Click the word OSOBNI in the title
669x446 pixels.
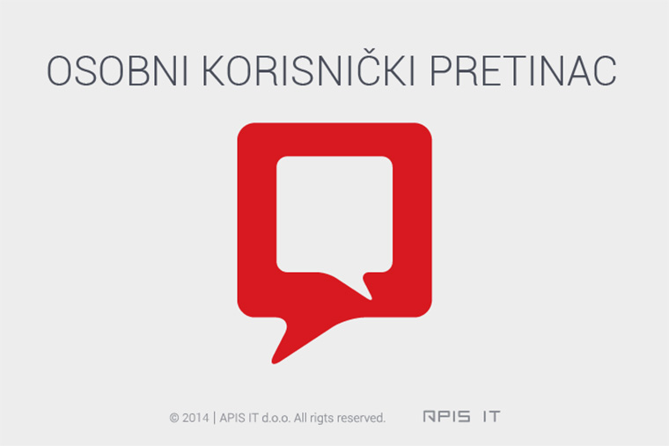pyautogui.click(x=117, y=70)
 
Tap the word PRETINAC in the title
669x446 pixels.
pyautogui.click(x=523, y=70)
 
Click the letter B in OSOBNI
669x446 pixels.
pyautogui.click(x=134, y=70)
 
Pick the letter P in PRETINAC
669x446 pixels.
pyautogui.click(x=440, y=70)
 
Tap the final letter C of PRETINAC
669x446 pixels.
pyautogui.click(x=604, y=70)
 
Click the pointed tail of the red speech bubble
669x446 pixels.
pyautogui.click(x=274, y=362)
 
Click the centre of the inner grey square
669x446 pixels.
pyautogui.click(x=334, y=214)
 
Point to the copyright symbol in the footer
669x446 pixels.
pyautogui.click(x=174, y=418)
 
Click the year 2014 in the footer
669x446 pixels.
pyautogui.click(x=195, y=418)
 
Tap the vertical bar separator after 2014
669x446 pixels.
pyautogui.click(x=214, y=418)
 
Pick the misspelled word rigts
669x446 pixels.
pyautogui.click(x=321, y=419)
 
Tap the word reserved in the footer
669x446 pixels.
pyautogui.click(x=361, y=418)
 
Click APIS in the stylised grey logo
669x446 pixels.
pyautogui.click(x=446, y=416)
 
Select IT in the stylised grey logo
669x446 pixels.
pyautogui.click(x=491, y=416)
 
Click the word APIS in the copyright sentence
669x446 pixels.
pyautogui.click(x=232, y=418)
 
